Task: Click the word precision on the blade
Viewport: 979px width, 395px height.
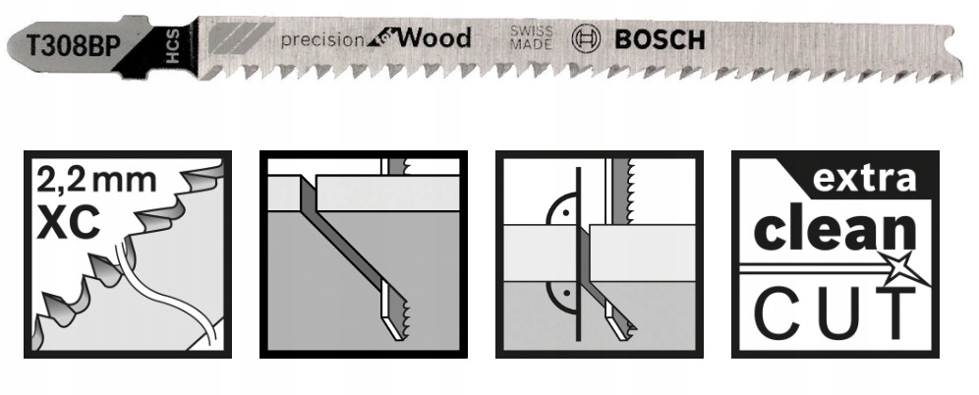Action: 322,40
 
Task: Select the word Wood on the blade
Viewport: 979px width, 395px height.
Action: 433,38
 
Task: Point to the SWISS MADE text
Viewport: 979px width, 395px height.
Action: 532,37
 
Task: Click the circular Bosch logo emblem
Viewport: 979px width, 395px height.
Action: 586,38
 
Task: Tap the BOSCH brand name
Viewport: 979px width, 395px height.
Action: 660,39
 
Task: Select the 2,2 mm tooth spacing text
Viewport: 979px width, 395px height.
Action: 96,180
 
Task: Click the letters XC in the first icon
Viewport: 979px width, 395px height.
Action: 69,221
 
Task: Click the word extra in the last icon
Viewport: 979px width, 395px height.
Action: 864,179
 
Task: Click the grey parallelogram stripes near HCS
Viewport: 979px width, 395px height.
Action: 240,37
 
